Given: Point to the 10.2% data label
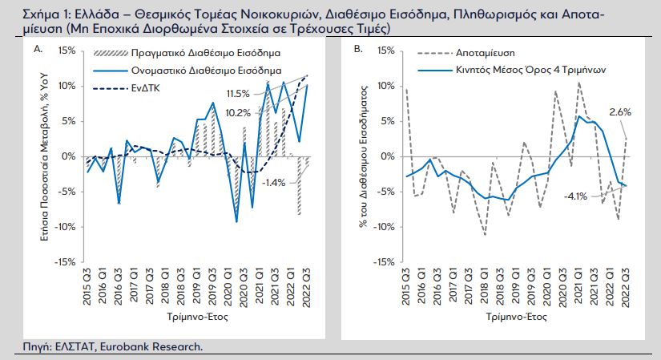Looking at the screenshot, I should click(240, 112).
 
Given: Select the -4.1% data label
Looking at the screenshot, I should click(576, 196).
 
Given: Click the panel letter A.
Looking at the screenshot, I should click(37, 50).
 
